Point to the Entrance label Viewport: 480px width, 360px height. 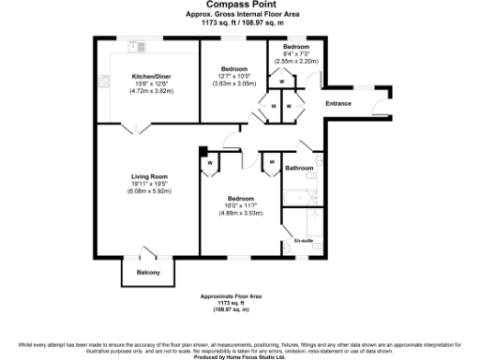337,103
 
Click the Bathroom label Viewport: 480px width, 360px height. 299,168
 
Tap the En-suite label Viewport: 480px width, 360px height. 303,241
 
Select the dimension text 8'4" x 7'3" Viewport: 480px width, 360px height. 296,53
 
